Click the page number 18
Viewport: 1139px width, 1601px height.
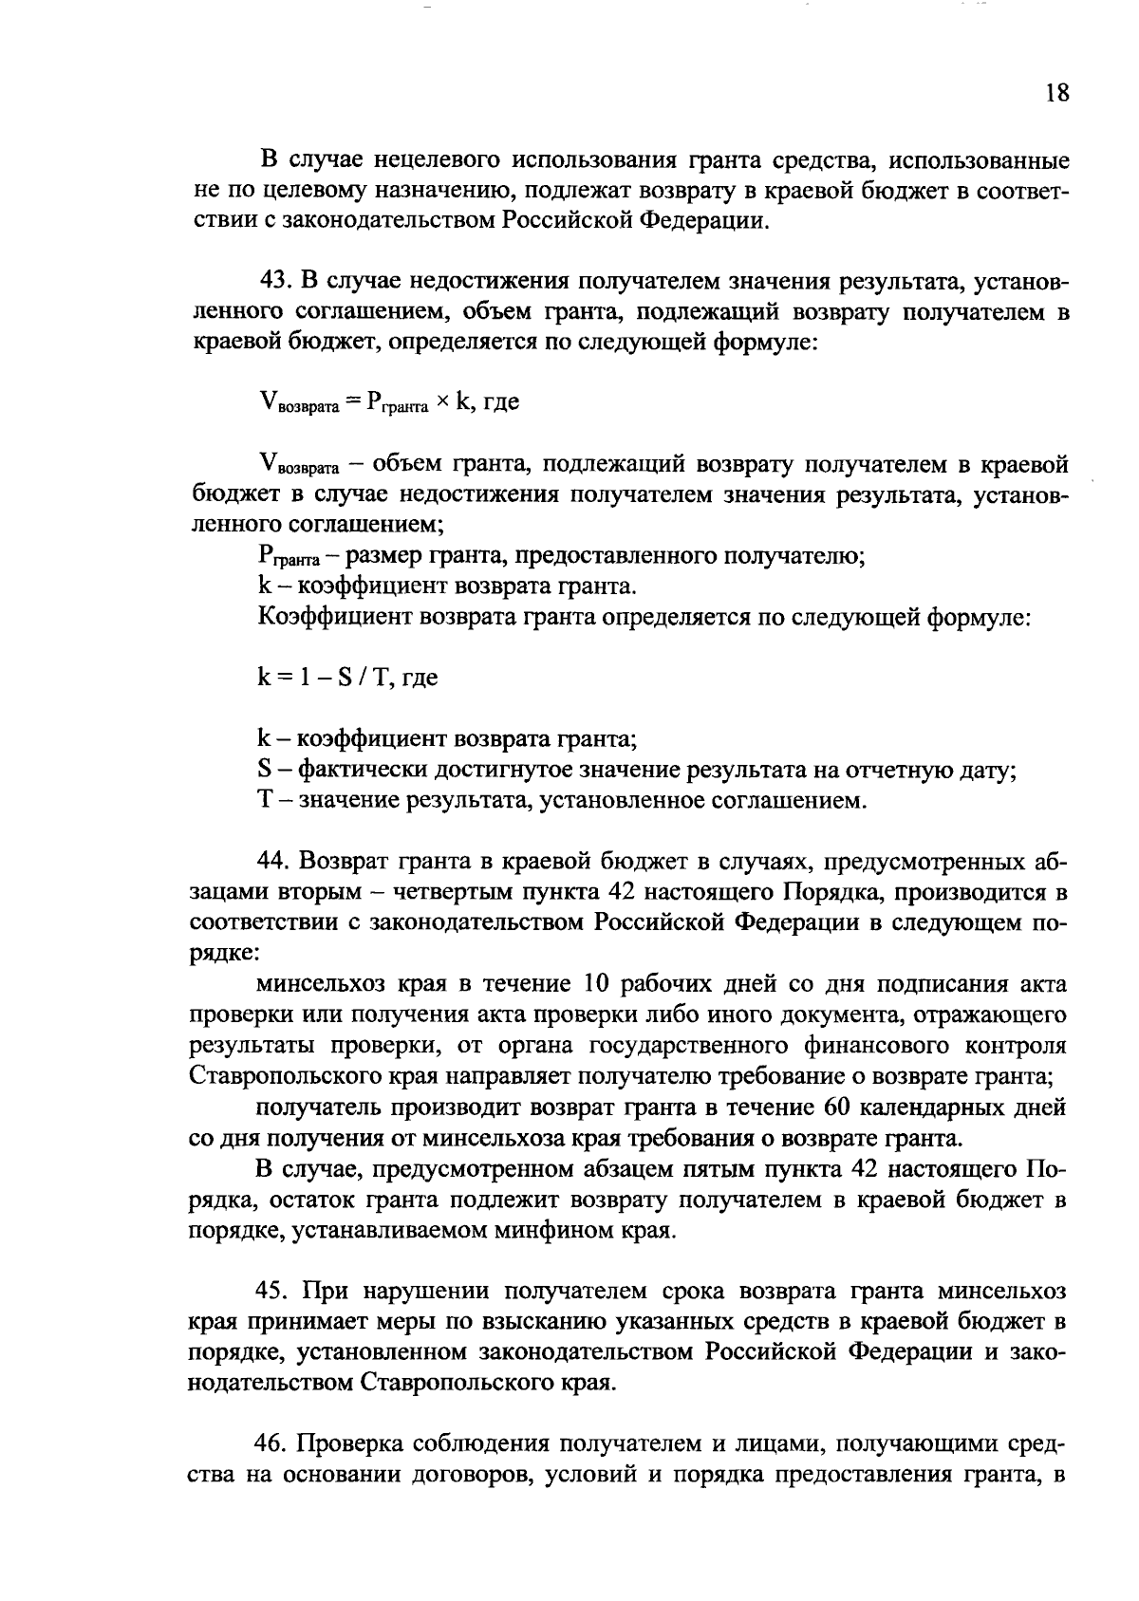[1056, 93]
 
